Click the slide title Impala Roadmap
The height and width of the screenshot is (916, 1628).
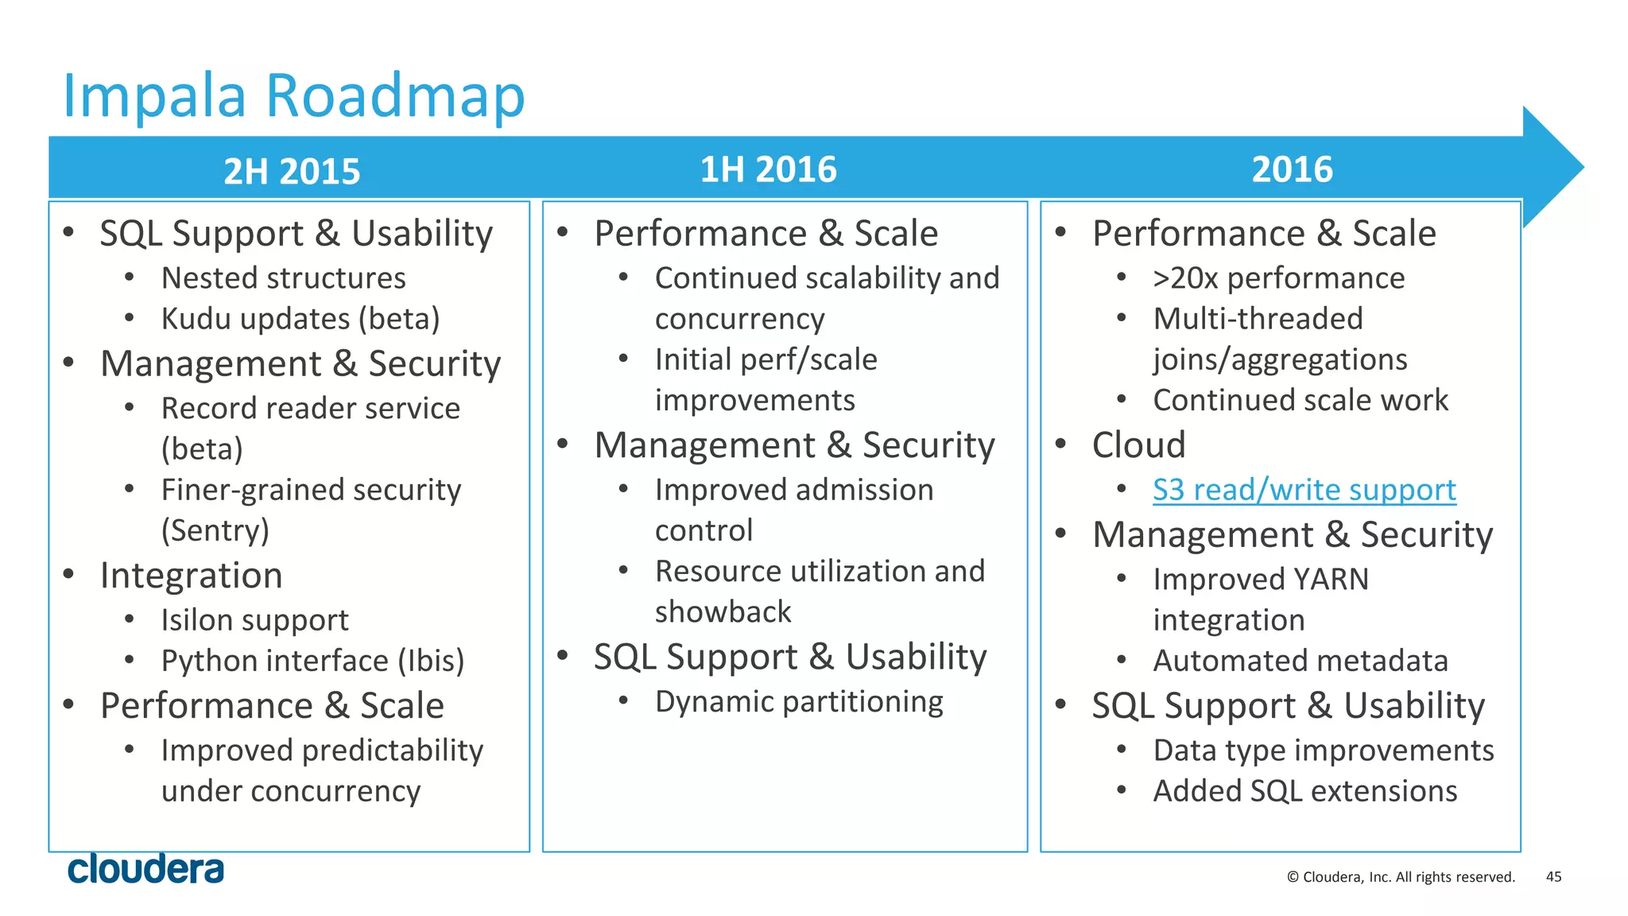[x=293, y=96]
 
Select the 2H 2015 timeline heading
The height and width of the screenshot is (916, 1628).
[x=292, y=172]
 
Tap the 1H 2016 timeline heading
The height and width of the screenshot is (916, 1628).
[x=768, y=169]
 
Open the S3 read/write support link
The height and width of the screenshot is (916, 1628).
[x=1304, y=490]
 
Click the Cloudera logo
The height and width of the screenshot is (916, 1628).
[x=145, y=869]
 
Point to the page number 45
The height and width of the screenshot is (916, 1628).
[x=1553, y=876]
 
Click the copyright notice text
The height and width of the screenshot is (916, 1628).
[x=1401, y=877]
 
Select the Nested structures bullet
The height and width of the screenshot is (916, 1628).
[x=283, y=278]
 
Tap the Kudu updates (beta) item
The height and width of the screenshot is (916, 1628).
[x=300, y=319]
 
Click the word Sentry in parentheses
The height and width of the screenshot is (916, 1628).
[x=215, y=530]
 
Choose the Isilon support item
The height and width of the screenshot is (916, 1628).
[x=254, y=620]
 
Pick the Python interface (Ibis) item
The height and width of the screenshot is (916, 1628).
[x=312, y=661]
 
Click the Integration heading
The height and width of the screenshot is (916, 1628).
[x=191, y=576]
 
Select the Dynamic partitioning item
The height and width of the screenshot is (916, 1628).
[x=799, y=702]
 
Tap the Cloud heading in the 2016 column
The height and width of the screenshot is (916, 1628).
[x=1138, y=444]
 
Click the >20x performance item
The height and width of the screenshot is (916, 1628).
[x=1278, y=278]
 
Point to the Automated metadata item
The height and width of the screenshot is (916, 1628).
[x=1300, y=661]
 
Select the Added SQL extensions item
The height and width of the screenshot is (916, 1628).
[x=1304, y=791]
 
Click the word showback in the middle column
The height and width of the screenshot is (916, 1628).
[x=723, y=611]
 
